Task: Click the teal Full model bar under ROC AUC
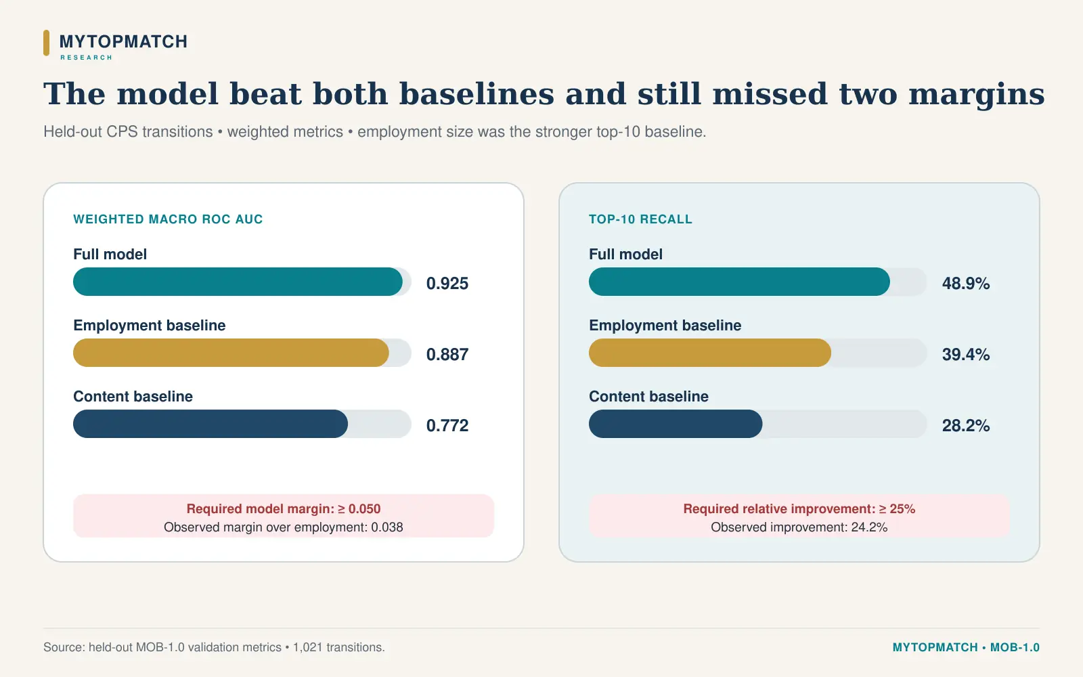[238, 282]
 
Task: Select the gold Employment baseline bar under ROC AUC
[231, 353]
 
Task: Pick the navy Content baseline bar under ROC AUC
[211, 424]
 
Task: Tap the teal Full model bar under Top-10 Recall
[739, 282]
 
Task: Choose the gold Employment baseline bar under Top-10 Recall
[710, 353]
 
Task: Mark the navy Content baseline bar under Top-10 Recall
[676, 424]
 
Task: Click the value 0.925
[447, 284]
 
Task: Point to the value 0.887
[447, 355]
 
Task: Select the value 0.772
[447, 426]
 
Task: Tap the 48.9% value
[965, 284]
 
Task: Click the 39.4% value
[965, 355]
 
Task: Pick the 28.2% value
[965, 426]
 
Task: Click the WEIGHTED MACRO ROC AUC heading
[168, 219]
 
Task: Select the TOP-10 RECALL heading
[640, 219]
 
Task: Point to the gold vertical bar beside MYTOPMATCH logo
[47, 43]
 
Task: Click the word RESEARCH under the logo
[86, 58]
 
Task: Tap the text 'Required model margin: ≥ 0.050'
[284, 508]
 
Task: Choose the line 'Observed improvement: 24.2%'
[799, 527]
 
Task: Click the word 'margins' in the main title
[977, 95]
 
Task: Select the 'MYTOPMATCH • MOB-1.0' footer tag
[966, 647]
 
